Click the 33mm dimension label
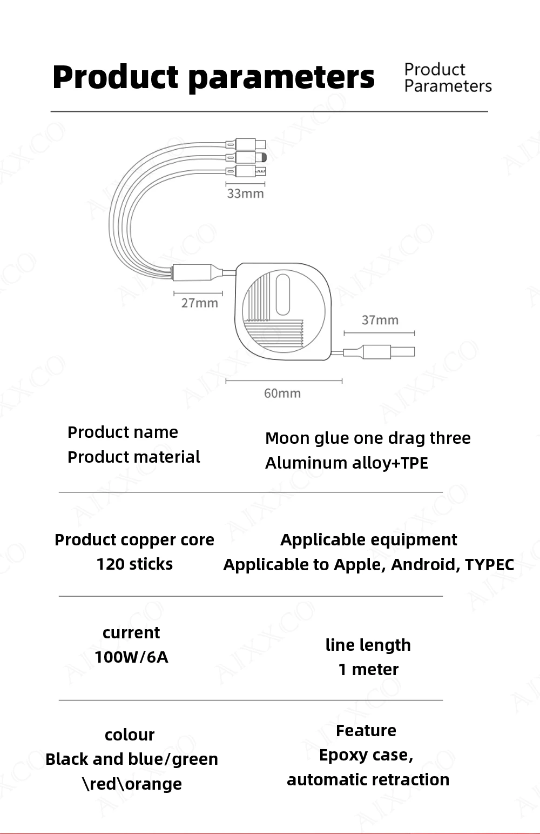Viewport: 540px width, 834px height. (x=245, y=194)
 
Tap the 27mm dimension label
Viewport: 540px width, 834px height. (x=199, y=303)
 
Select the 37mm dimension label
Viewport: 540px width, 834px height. (x=380, y=320)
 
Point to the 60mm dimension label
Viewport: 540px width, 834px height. (x=282, y=393)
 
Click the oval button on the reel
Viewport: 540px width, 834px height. (x=282, y=294)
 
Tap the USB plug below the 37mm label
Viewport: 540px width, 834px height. (x=388, y=352)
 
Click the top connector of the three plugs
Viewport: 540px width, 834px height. (x=246, y=144)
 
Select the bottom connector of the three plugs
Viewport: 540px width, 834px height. (x=246, y=172)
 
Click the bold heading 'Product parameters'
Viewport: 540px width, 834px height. (x=213, y=77)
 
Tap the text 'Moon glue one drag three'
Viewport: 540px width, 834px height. (x=368, y=438)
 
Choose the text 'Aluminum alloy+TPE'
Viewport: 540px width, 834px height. (x=346, y=463)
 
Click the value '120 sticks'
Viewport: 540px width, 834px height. (x=134, y=564)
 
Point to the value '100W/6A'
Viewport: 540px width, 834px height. (x=131, y=657)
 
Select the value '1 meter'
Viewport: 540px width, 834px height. (x=368, y=669)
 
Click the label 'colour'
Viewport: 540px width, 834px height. (x=130, y=735)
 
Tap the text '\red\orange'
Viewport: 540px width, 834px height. (x=132, y=784)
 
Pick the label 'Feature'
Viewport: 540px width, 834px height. (x=366, y=730)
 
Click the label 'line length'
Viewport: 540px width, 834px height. (x=368, y=645)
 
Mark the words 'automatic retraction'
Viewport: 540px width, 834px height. (x=368, y=779)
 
